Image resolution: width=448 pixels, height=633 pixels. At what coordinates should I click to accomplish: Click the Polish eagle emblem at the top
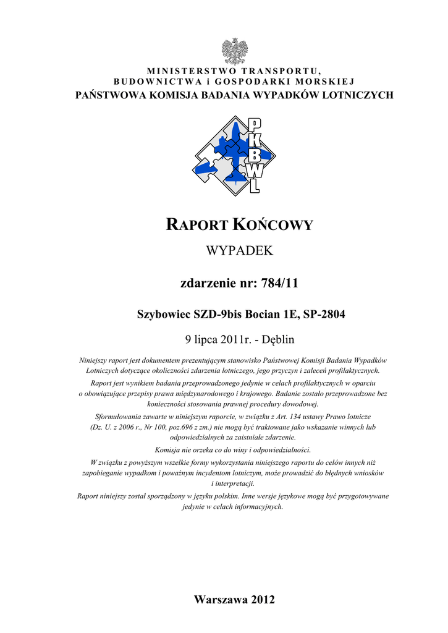point(235,50)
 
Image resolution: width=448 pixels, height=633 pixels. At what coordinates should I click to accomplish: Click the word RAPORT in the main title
point(197,225)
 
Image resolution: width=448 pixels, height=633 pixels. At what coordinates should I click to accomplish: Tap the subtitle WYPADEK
point(234,251)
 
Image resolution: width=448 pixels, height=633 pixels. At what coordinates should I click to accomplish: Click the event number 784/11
point(277,284)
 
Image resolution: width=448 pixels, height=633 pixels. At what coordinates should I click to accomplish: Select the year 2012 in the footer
point(262,600)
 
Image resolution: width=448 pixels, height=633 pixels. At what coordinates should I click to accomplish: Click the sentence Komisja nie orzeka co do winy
point(234,449)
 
